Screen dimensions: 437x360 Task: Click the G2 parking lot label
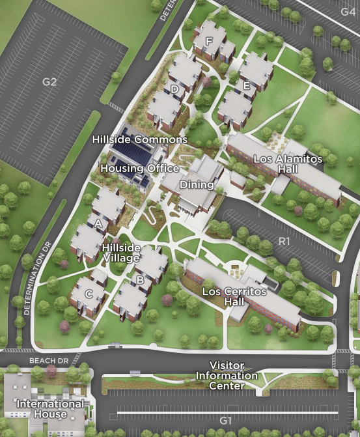tap(50, 82)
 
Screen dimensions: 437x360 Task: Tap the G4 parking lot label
tap(348, 11)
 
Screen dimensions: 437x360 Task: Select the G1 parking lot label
tap(225, 421)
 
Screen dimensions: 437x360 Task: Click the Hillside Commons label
tap(139, 139)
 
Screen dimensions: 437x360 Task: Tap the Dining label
tap(197, 185)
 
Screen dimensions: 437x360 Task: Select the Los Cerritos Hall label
tap(234, 297)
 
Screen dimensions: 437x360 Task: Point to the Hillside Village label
tap(121, 253)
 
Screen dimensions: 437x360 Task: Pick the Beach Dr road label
tap(44, 360)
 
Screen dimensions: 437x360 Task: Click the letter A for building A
tap(98, 223)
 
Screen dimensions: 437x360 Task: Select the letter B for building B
tap(140, 280)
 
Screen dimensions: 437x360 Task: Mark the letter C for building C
tap(89, 294)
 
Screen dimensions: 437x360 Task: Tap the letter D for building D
tap(174, 89)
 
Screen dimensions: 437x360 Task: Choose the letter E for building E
tap(246, 85)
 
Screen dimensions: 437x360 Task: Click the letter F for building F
tap(209, 41)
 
